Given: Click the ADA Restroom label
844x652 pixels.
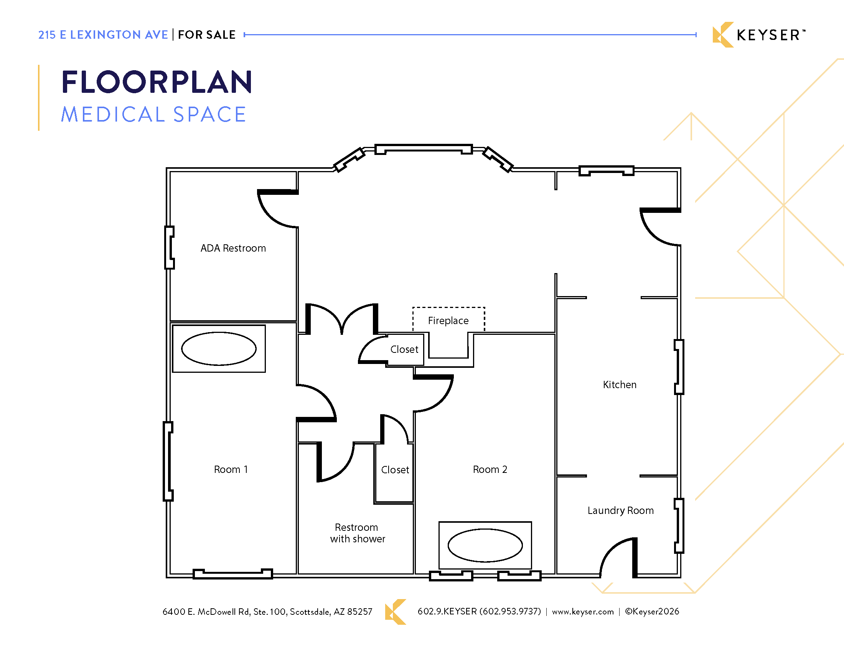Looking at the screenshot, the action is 233,248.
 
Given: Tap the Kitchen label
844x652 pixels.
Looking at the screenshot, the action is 620,385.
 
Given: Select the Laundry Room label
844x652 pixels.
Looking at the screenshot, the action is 621,510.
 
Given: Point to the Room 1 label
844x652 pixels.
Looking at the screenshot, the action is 231,469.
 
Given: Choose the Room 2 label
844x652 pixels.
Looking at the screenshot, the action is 490,469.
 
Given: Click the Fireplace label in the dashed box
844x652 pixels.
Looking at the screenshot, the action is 448,321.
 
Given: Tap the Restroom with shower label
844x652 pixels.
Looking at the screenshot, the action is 358,533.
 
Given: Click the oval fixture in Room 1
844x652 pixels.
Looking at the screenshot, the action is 219,348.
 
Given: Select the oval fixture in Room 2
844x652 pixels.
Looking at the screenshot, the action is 485,545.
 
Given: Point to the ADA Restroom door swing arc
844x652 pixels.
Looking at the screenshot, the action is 270,216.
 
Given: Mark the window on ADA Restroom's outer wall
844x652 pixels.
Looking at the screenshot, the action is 169,247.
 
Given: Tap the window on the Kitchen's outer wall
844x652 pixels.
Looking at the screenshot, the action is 679,367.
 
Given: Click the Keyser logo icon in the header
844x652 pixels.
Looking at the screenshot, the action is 723,35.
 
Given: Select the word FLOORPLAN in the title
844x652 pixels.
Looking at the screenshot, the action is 157,82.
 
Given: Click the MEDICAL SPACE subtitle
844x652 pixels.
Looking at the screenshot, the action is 153,114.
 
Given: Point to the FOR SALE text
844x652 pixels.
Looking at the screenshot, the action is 207,35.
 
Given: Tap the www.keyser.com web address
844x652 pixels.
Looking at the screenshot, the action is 583,611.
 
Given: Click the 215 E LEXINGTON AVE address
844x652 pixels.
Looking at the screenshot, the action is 103,35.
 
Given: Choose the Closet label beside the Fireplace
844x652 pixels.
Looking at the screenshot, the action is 404,349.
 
